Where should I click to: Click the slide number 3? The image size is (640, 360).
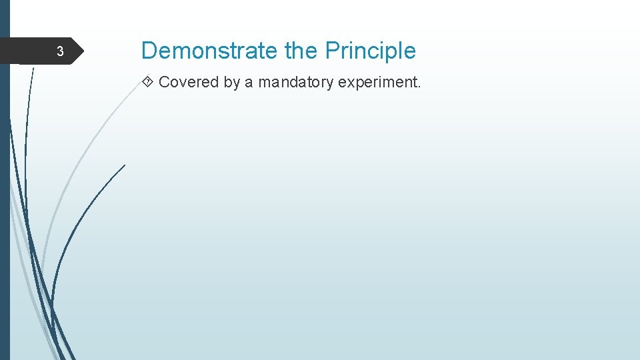(x=59, y=51)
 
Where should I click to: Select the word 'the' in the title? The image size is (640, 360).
(x=301, y=51)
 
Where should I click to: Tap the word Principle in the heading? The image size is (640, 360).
(x=370, y=51)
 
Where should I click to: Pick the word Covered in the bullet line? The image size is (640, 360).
(x=189, y=82)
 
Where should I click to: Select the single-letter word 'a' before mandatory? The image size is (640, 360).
(x=249, y=83)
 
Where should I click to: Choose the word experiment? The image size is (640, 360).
(x=377, y=83)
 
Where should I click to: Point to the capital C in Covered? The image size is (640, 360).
(x=164, y=82)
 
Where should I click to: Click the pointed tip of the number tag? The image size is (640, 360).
(x=84, y=51)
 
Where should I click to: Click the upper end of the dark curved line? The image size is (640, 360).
(x=125, y=165)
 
